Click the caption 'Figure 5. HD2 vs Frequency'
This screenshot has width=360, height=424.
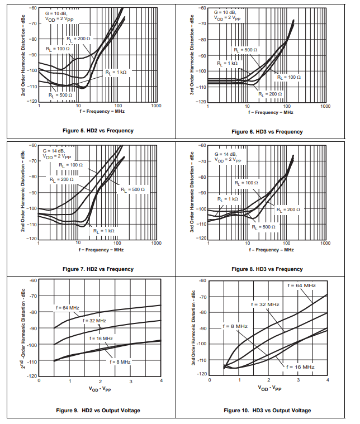(x=98, y=131)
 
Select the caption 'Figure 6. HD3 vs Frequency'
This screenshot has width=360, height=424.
(x=267, y=132)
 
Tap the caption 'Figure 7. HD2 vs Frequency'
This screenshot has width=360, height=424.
(x=98, y=269)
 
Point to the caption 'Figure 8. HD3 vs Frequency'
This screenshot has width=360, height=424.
(x=267, y=269)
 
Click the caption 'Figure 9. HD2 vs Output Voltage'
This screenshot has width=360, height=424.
(x=98, y=411)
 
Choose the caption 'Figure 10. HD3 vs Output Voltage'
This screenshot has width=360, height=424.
(x=267, y=411)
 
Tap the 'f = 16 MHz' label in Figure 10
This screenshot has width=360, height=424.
(x=300, y=367)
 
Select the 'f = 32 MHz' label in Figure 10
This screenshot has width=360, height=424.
(x=265, y=304)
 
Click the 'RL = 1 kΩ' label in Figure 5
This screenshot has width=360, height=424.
(x=116, y=73)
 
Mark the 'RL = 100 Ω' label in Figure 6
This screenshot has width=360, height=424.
(x=289, y=77)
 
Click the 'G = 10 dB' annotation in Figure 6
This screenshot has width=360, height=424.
(x=226, y=12)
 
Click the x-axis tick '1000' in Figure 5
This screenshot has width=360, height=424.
(x=155, y=106)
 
